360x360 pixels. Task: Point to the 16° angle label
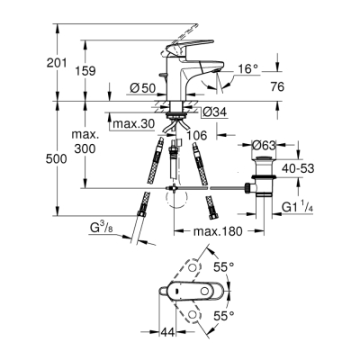tap(249, 68)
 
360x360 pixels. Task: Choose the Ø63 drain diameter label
tap(265, 144)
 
